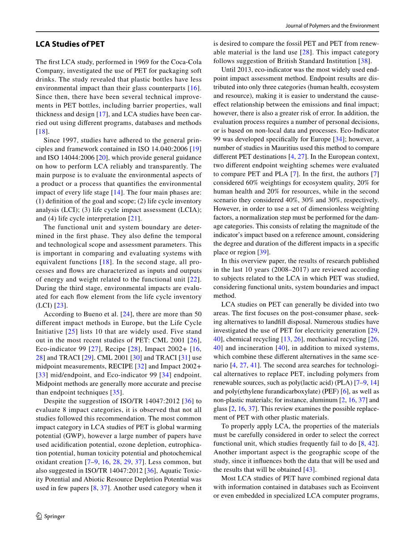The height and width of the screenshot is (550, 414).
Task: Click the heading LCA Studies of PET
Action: coord(70,44)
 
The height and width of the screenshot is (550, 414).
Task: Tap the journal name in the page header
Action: coord(332,26)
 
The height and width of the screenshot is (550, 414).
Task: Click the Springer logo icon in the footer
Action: coord(39,516)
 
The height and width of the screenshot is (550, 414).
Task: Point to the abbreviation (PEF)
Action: coord(331,392)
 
